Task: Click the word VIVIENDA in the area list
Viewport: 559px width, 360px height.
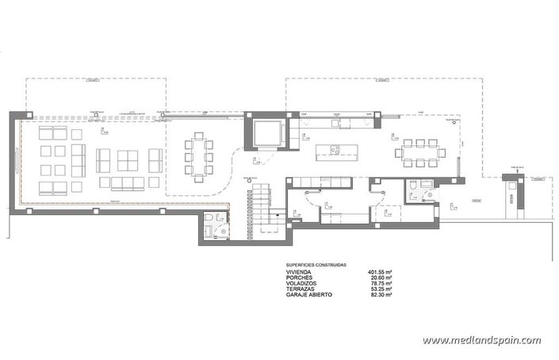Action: [x=301, y=272]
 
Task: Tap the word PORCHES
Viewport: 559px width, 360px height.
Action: [x=301, y=278]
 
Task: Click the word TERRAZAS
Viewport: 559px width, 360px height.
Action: [x=301, y=289]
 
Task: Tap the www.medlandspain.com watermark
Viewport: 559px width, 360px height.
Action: [x=481, y=340]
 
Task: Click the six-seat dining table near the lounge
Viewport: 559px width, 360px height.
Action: [x=198, y=156]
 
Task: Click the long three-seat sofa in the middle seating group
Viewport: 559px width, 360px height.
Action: [x=127, y=183]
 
